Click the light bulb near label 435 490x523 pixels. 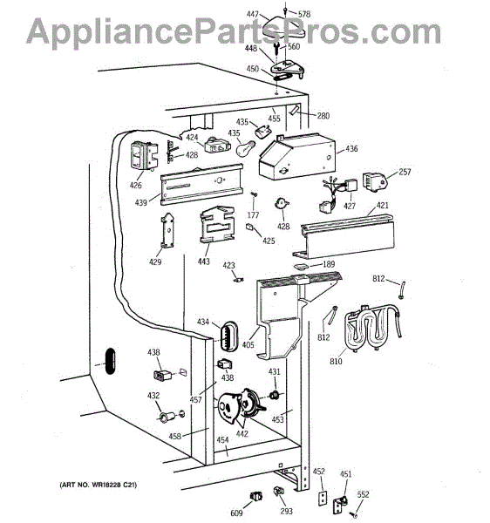[x=246, y=148]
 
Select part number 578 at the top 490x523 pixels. [x=304, y=14]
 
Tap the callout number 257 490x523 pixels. [x=405, y=172]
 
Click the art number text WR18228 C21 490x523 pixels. [x=99, y=485]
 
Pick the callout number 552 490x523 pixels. [x=363, y=494]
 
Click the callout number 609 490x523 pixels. [x=236, y=513]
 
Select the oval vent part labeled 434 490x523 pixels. [x=228, y=336]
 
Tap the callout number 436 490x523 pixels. [x=351, y=148]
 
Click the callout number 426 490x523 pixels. [x=135, y=185]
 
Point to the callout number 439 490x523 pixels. [x=140, y=202]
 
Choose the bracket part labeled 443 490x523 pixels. [x=217, y=225]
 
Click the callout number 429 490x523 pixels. [x=155, y=261]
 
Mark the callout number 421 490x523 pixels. [x=383, y=205]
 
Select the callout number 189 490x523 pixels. [x=329, y=264]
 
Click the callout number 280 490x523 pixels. [x=323, y=116]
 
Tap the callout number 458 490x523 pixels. [x=174, y=436]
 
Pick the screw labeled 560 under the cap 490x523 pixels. [x=276, y=49]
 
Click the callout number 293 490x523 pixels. [x=286, y=511]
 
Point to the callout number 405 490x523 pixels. [x=248, y=344]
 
